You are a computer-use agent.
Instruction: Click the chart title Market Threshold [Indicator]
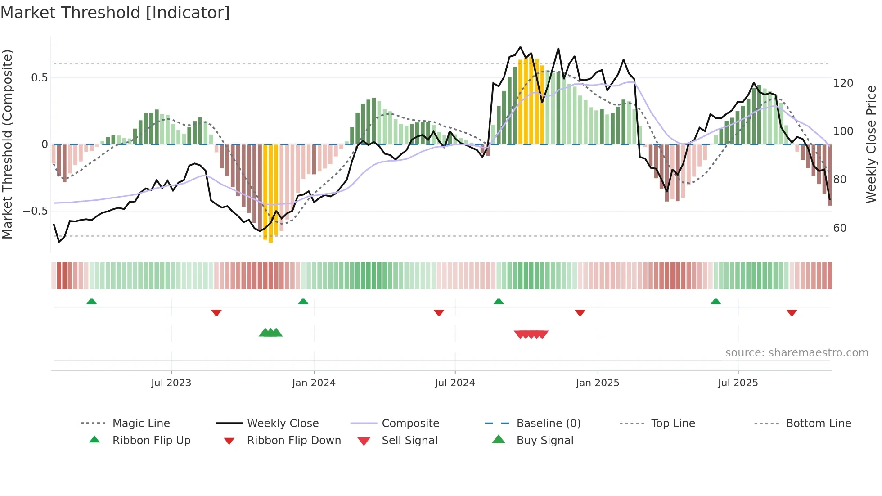click(115, 13)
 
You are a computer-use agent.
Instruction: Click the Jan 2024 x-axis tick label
click(314, 383)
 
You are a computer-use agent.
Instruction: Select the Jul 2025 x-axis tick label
click(738, 383)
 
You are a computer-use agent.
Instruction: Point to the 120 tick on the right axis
click(843, 83)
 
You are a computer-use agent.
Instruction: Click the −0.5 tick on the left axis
click(35, 211)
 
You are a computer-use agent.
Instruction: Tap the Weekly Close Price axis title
click(871, 144)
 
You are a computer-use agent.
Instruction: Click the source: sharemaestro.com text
click(796, 353)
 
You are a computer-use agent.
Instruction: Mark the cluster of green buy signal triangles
click(270, 333)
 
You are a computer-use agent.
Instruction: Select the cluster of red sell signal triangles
click(531, 334)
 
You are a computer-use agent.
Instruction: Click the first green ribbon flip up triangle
click(91, 301)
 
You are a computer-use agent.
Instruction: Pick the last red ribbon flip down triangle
click(792, 312)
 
